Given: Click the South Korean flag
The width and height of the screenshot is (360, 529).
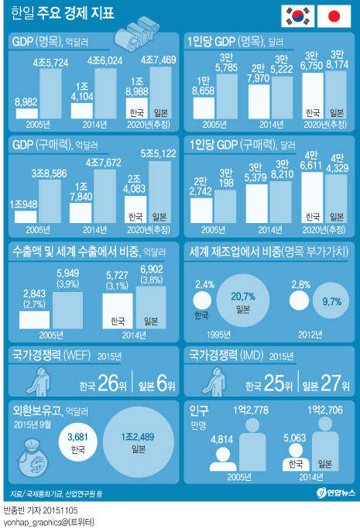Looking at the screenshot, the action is (297, 16).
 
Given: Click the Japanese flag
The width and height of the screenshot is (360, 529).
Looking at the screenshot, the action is (334, 16).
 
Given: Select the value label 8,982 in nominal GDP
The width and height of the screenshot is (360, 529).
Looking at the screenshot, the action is (26, 102).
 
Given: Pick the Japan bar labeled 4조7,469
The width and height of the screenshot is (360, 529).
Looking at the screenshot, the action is (160, 92).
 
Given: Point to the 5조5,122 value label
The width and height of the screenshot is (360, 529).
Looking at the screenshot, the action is (158, 154).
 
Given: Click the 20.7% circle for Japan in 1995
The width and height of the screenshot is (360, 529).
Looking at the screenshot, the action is (242, 301).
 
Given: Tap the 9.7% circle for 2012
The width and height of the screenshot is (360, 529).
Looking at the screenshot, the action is (331, 301).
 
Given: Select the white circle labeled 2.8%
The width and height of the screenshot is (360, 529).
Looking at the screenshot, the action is (299, 301).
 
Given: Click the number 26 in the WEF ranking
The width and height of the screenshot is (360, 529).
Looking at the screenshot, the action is (108, 383).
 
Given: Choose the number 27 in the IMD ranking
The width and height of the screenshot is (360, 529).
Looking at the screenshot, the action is (331, 383).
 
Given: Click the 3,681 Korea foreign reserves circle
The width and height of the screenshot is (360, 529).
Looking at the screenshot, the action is (78, 442).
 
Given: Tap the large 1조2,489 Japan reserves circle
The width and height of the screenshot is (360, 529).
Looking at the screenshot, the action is (139, 442).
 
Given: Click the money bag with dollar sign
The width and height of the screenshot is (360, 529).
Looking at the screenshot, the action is (33, 458).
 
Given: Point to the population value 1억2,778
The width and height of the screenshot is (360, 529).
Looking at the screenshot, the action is (251, 410).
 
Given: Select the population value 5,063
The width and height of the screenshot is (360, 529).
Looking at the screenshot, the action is (295, 438).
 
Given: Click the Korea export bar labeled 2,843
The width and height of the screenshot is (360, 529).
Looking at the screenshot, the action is (34, 320).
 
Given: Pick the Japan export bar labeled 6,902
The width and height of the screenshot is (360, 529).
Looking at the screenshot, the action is (151, 307).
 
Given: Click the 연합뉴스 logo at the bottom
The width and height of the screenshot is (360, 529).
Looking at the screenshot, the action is (336, 493).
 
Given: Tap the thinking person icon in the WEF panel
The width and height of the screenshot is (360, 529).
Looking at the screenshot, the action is (40, 382).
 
